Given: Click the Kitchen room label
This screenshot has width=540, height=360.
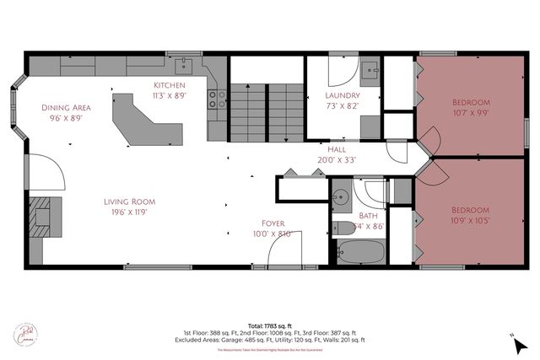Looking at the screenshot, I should [x=170, y=86].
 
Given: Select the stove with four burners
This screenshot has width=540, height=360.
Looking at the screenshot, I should [x=215, y=99].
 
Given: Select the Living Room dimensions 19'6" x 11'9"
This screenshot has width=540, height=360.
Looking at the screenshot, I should [x=130, y=212].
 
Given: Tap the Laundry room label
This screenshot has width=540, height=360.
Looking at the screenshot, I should [x=342, y=96].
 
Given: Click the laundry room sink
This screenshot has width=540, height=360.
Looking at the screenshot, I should [x=370, y=70].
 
